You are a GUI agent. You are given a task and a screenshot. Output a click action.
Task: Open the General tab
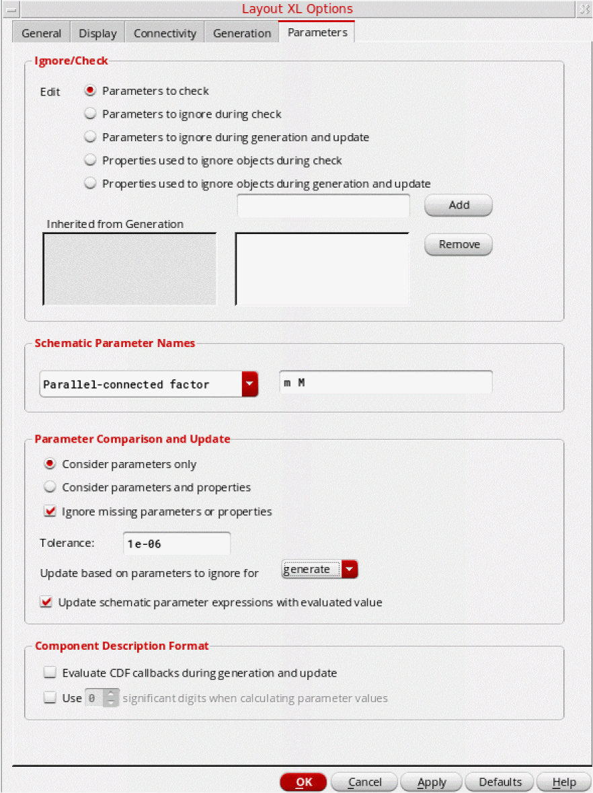tap(42, 33)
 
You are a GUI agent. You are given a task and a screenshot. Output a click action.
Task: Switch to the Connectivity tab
tap(165, 33)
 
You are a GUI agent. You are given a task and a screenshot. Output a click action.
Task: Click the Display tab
tap(97, 33)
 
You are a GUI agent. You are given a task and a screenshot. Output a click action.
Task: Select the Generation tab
tap(242, 33)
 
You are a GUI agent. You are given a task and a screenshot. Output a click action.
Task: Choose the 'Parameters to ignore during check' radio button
tap(90, 114)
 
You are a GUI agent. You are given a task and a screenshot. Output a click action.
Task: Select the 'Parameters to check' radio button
tap(90, 91)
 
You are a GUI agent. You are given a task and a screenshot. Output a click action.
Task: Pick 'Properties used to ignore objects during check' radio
tap(90, 161)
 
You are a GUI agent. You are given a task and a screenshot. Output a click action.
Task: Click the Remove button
tap(459, 245)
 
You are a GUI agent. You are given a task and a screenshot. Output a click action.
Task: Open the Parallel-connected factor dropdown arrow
tap(249, 385)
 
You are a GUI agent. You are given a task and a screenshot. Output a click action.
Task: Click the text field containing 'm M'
tap(385, 383)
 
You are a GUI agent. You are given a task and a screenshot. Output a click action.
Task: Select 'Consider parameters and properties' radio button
tap(50, 488)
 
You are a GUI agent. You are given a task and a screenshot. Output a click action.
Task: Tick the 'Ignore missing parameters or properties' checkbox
tap(50, 512)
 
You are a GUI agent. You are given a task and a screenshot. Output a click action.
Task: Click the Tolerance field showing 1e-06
tap(177, 544)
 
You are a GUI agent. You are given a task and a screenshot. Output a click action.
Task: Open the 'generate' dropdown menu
tap(350, 570)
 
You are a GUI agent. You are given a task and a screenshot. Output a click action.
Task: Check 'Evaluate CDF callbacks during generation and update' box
tap(50, 673)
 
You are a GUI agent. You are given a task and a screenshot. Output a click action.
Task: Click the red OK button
tap(303, 782)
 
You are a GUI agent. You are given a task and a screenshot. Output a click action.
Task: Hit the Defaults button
tap(500, 782)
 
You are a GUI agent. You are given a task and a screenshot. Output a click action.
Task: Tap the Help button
tap(563, 782)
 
